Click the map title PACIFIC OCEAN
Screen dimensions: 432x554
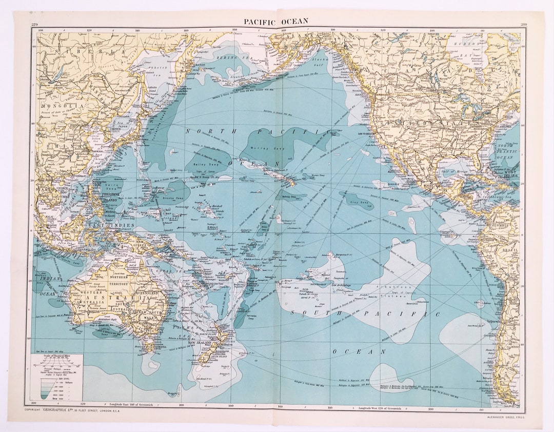pos(276,21)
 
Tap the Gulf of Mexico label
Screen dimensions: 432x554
pos(454,170)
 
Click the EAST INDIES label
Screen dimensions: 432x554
pos(104,225)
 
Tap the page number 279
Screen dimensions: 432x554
pos(34,25)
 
